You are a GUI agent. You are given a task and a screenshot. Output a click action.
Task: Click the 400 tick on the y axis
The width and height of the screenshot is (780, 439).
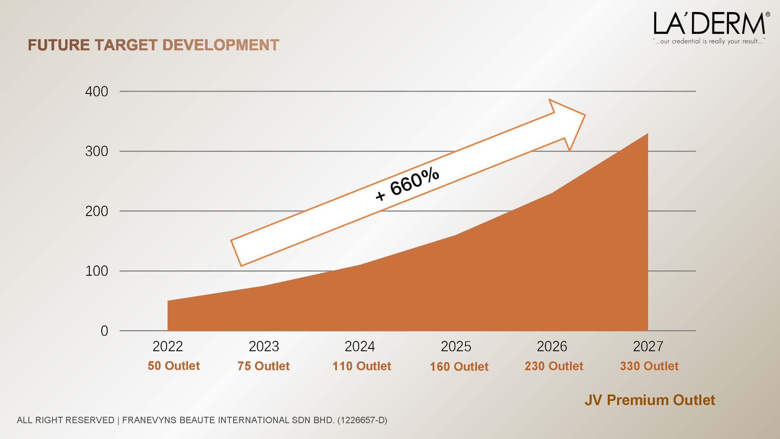click(x=96, y=91)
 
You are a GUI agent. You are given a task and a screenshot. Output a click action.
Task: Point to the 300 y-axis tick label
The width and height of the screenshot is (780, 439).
click(x=96, y=151)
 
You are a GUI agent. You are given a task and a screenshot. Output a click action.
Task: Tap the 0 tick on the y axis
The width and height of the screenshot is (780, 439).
click(x=104, y=330)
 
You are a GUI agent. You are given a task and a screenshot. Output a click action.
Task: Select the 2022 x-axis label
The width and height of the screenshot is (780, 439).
click(x=168, y=346)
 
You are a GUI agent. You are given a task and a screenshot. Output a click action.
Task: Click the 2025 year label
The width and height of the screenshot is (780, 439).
click(x=456, y=346)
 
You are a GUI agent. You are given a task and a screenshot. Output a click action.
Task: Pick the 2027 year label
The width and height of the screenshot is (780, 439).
click(x=648, y=346)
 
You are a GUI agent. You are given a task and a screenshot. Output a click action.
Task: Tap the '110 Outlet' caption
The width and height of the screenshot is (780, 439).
click(x=361, y=366)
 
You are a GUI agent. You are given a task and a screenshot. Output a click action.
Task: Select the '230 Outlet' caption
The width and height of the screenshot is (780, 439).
click(x=554, y=366)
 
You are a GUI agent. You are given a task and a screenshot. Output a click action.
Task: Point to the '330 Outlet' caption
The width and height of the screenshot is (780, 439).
click(x=649, y=366)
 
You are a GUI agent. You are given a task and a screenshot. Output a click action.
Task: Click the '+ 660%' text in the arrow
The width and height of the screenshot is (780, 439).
click(x=407, y=184)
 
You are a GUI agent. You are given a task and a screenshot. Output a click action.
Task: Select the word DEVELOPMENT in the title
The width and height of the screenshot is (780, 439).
click(x=221, y=45)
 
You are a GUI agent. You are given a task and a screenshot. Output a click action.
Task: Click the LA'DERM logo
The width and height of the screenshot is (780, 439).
click(x=709, y=24)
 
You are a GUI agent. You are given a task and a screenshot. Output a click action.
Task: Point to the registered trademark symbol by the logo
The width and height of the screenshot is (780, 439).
click(x=768, y=14)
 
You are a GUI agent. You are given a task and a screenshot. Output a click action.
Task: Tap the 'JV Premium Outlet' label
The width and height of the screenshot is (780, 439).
click(x=650, y=400)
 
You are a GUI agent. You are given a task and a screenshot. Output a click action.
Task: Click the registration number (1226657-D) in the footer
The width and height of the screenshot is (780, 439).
click(x=362, y=420)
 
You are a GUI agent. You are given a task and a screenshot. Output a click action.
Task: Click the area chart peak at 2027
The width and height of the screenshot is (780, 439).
click(x=648, y=134)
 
